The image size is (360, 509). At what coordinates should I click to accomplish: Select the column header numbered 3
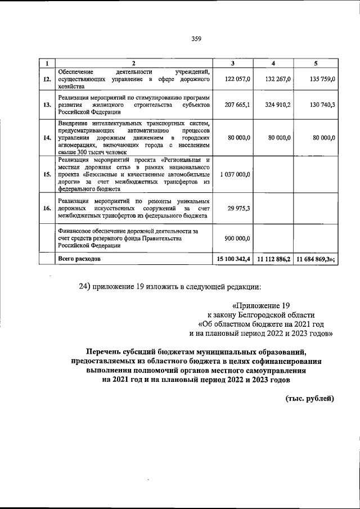pyautogui.click(x=233, y=62)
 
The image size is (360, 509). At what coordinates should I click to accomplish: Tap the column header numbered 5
pyautogui.click(x=316, y=62)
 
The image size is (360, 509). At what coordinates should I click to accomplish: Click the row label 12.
pyautogui.click(x=47, y=79)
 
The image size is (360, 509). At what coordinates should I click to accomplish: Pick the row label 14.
pyautogui.click(x=47, y=136)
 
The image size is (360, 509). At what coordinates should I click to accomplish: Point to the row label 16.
pyautogui.click(x=47, y=208)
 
